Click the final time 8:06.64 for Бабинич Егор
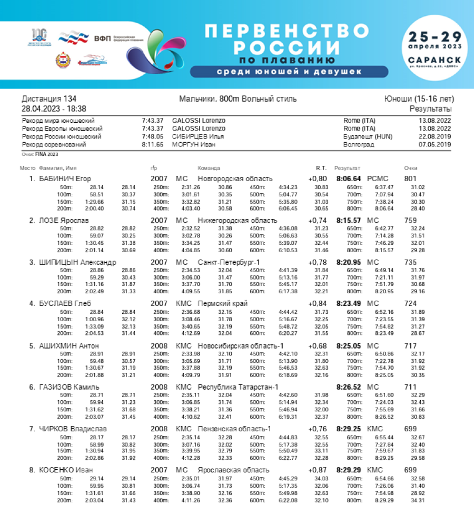[348, 179]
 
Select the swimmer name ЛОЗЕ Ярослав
[64, 220]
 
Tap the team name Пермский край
[223, 303]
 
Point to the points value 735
[410, 262]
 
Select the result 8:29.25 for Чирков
[348, 429]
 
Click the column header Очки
[410, 168]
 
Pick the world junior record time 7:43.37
[152, 121]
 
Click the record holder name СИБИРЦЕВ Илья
[198, 136]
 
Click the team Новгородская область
[235, 179]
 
